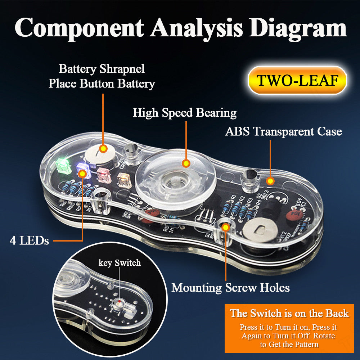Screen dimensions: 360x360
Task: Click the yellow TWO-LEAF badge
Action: point(297,80)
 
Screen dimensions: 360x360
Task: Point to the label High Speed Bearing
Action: point(184,113)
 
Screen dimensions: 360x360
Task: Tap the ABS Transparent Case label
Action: point(283,131)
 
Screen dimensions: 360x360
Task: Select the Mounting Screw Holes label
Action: point(230,288)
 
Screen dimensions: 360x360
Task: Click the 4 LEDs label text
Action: point(29,240)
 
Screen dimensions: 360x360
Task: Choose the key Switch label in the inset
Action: point(120,263)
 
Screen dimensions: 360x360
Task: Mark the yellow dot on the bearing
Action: point(186,163)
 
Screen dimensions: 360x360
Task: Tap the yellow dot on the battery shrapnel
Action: point(103,148)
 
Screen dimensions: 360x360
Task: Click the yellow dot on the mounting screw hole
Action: point(226,227)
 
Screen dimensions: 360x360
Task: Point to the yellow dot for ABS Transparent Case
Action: point(270,180)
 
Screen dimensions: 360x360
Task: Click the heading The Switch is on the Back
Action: point(289,313)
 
